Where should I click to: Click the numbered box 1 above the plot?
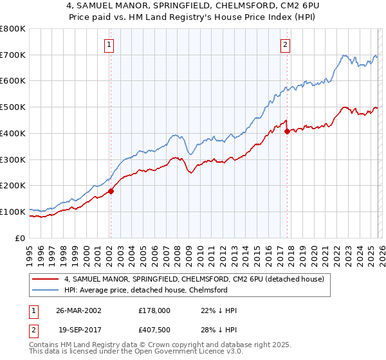tap(110, 45)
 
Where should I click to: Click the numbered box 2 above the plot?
tap(285, 45)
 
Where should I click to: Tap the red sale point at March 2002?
tap(111, 191)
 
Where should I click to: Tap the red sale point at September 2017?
tap(287, 131)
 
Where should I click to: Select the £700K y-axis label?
tap(13, 55)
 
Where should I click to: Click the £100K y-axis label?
tap(13, 212)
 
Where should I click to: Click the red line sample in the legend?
tap(46, 279)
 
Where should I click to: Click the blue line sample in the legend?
tap(46, 290)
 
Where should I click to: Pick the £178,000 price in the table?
tap(154, 310)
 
